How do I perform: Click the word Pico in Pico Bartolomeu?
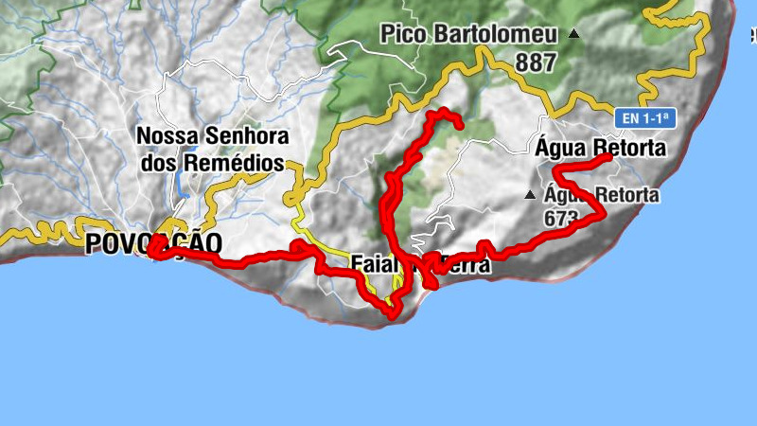[404, 35]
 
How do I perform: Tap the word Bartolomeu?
[493, 35]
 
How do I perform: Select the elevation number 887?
[537, 62]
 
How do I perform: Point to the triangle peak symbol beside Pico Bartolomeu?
[573, 34]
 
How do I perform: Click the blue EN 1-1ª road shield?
[647, 118]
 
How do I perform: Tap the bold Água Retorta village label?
[601, 148]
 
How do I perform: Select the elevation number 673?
[561, 217]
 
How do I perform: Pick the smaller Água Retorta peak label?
[602, 196]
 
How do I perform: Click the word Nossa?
[167, 134]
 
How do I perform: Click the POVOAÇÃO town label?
[153, 243]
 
